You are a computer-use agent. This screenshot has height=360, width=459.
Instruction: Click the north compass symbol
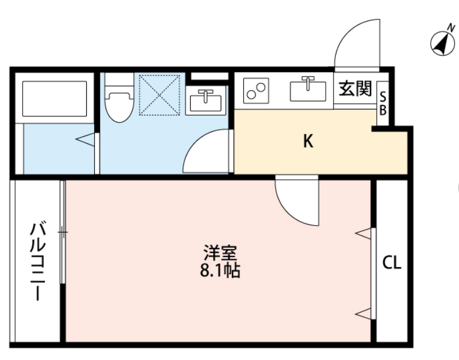pyautogui.click(x=443, y=43)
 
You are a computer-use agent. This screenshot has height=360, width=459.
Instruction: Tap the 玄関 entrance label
pyautogui.click(x=355, y=88)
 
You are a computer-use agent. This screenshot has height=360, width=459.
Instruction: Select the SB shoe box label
pyautogui.click(x=382, y=104)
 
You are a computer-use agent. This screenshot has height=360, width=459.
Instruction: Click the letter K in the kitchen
pyautogui.click(x=308, y=141)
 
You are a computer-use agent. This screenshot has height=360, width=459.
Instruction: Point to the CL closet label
pyautogui.click(x=391, y=262)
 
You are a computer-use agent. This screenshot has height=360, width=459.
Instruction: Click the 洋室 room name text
pyautogui.click(x=220, y=253)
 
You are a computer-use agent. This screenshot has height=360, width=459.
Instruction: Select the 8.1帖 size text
pyautogui.click(x=220, y=271)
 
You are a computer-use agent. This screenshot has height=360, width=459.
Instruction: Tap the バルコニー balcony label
pyautogui.click(x=38, y=261)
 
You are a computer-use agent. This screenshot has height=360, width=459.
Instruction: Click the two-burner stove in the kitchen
pyautogui.click(x=256, y=90)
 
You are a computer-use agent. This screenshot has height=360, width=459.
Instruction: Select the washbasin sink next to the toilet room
pyautogui.click(x=206, y=100)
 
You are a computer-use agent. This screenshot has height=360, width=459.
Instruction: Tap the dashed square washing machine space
pyautogui.click(x=159, y=95)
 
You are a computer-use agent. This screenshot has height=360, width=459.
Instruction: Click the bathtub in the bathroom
pyautogui.click(x=54, y=99)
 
